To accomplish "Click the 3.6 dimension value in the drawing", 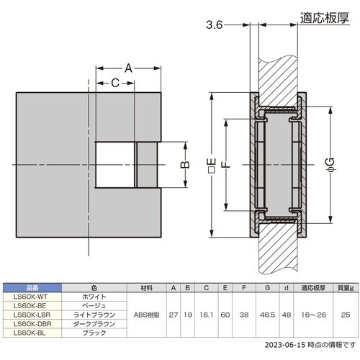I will [214, 25].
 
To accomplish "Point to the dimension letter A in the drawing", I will [129, 68].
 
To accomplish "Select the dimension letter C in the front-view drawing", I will [114, 83].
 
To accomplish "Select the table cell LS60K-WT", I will [32, 296].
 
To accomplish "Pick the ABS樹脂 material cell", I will [148, 315].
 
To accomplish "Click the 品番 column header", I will [32, 287].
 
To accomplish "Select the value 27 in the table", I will [174, 315].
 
